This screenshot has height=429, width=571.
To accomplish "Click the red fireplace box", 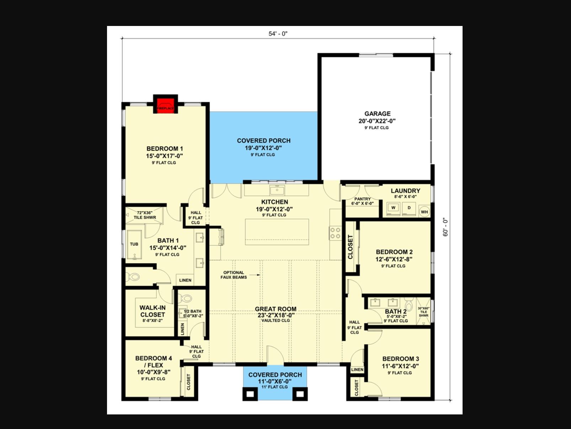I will pos(165,105).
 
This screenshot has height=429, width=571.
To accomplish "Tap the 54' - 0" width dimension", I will pos(278,34).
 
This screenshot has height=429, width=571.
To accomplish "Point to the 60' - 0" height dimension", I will pos(446,227).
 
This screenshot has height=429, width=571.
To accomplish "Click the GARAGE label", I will pos(377,114).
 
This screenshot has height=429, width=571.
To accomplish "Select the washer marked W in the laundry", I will pos(393,208).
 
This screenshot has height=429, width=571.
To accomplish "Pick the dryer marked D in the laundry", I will pos(409,208).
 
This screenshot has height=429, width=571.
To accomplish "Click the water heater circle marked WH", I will pos(424,212).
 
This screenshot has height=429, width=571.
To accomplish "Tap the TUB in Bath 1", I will pos(134,244).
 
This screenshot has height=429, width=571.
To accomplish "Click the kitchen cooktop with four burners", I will pos(335,233).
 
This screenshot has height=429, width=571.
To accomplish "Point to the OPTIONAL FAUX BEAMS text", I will pos(234,275).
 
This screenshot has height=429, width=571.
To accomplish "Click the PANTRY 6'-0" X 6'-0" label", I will pos(362,201).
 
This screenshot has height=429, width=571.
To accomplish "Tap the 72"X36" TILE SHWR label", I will pos(145,215).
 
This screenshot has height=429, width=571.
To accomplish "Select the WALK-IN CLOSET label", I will pos(153,311).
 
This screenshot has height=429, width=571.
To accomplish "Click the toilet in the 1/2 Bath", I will pos(186,298).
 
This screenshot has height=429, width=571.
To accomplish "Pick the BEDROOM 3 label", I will pos(400,359).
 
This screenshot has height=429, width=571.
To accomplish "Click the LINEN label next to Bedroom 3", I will pos(357,370).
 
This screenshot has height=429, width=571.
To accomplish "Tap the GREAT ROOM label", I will pos(276,309).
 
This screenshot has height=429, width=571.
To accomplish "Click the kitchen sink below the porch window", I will pos(277,190).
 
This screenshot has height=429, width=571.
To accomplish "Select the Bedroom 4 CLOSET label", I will pos(188,382).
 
